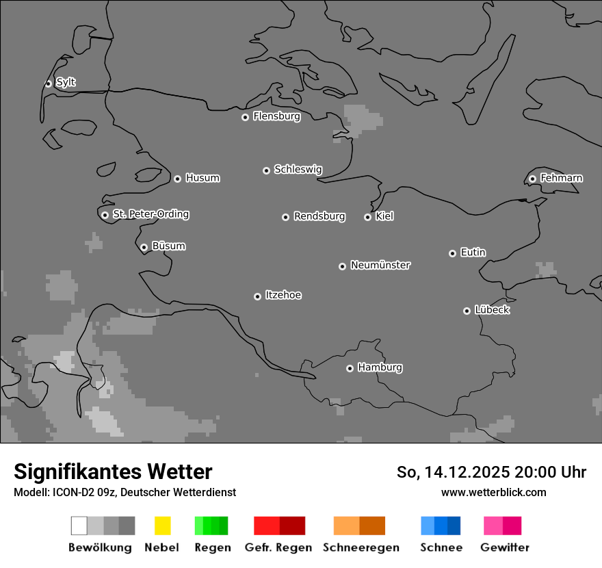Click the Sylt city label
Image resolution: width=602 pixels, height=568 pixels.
click(66, 82)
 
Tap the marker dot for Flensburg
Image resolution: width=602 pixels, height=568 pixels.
click(245, 117)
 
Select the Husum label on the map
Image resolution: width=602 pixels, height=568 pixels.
click(202, 178)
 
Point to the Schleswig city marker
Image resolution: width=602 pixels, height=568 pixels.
click(266, 170)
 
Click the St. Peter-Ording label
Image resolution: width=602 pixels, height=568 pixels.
click(150, 214)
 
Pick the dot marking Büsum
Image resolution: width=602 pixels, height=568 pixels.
click(144, 247)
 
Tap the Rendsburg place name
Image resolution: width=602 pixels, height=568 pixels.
click(319, 216)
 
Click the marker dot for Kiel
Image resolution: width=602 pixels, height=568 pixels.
click(367, 217)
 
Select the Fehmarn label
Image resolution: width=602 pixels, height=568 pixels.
click(561, 178)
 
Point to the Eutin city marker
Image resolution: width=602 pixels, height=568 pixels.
click(452, 253)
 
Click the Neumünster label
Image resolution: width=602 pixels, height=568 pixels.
click(380, 265)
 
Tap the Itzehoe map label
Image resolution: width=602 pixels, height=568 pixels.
click(283, 295)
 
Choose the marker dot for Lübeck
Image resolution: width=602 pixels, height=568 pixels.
click(467, 311)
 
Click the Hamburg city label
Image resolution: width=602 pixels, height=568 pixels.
click(380, 367)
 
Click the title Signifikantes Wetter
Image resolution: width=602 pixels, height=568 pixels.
click(113, 472)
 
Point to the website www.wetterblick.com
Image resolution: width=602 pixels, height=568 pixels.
click(493, 492)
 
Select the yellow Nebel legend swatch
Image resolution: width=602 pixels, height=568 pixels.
click(162, 526)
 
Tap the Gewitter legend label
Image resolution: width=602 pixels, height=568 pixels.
click(505, 547)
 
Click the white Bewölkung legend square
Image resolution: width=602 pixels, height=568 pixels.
click(79, 526)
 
